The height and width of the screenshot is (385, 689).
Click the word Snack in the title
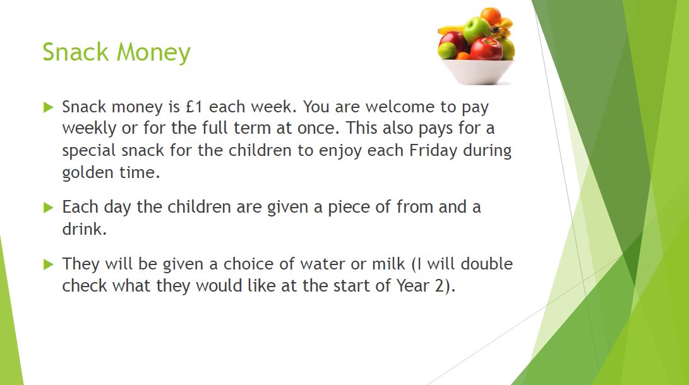tap(75, 52)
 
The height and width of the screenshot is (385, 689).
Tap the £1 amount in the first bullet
tap(195, 107)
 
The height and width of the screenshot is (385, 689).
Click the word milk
tap(388, 263)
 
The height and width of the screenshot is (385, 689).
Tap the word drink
tap(84, 228)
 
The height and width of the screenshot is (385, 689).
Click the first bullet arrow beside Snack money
tap(49, 107)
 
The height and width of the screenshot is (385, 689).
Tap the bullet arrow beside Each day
tap(49, 207)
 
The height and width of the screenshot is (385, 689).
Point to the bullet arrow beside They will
tap(49, 264)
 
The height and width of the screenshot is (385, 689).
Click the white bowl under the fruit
tap(477, 72)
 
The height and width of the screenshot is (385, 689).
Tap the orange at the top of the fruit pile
tap(491, 16)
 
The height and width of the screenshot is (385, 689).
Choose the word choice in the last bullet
tap(249, 263)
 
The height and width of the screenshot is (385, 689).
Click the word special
tap(89, 151)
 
